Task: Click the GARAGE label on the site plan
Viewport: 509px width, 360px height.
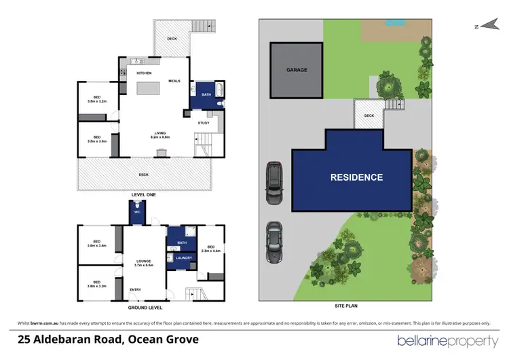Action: (296, 70)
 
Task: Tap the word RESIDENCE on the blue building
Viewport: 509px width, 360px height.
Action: (356, 178)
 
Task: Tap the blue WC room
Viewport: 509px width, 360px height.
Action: (136, 213)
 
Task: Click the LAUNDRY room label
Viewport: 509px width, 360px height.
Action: (183, 258)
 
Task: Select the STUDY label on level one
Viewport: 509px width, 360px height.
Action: (204, 124)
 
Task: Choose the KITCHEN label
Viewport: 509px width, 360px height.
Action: (144, 73)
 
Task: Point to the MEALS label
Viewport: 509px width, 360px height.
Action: (174, 80)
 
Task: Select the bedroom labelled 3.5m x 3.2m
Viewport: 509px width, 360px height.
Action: (97, 101)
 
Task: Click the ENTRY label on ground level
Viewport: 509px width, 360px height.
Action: (135, 290)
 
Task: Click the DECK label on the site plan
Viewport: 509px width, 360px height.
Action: (369, 115)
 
